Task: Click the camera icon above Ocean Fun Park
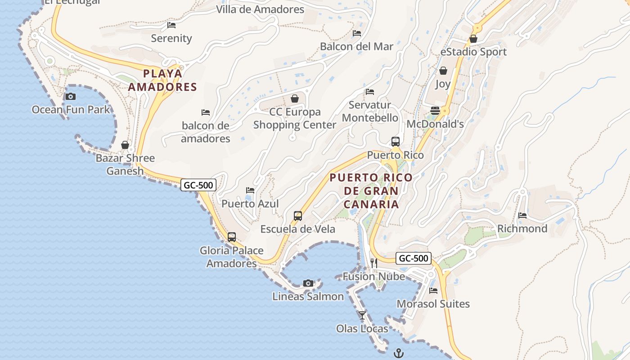coord(71,96)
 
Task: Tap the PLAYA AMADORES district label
coord(163,80)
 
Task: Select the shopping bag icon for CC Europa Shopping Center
coord(295,99)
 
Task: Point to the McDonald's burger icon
coord(435,110)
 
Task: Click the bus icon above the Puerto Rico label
coord(396,142)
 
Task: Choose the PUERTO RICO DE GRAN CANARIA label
coord(371,191)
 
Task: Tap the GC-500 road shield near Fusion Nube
coord(414,258)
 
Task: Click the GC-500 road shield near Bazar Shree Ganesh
coord(198,184)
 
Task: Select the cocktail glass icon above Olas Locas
coord(362,315)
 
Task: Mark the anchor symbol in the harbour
coord(398,353)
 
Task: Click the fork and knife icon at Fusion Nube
coord(374,263)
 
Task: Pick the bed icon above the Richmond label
coord(522,216)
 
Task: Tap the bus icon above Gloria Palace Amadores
coord(232,237)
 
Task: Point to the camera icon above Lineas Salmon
coord(308,283)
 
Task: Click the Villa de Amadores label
coord(260,9)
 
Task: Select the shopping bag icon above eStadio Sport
coord(473,39)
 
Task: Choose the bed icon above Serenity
coord(171,25)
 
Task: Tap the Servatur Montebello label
coord(370,111)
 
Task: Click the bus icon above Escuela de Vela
coord(298,216)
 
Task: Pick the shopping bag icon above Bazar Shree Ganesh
coord(125,145)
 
